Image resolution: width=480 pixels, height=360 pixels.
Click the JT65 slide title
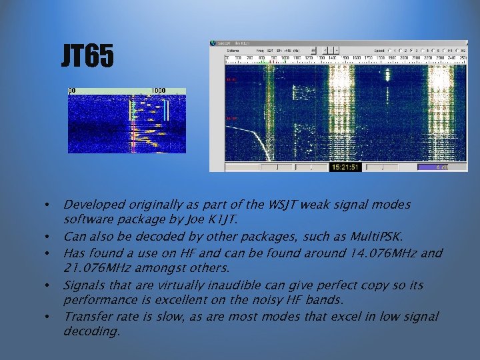(87, 57)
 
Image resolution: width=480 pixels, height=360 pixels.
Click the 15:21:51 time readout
(345, 167)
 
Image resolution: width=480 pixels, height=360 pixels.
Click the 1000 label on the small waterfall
(158, 91)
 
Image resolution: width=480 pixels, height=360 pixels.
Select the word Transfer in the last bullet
(86, 317)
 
